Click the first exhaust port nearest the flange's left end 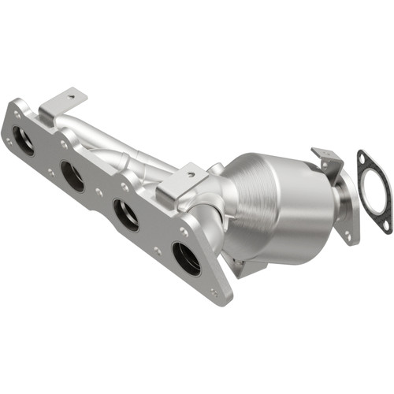point(24,140)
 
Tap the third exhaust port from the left point(125,214)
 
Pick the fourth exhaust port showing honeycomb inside point(186,258)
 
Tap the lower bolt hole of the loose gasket point(385,225)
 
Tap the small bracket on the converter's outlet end point(328,161)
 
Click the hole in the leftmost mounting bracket point(72,96)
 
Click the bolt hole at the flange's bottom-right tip point(214,292)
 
